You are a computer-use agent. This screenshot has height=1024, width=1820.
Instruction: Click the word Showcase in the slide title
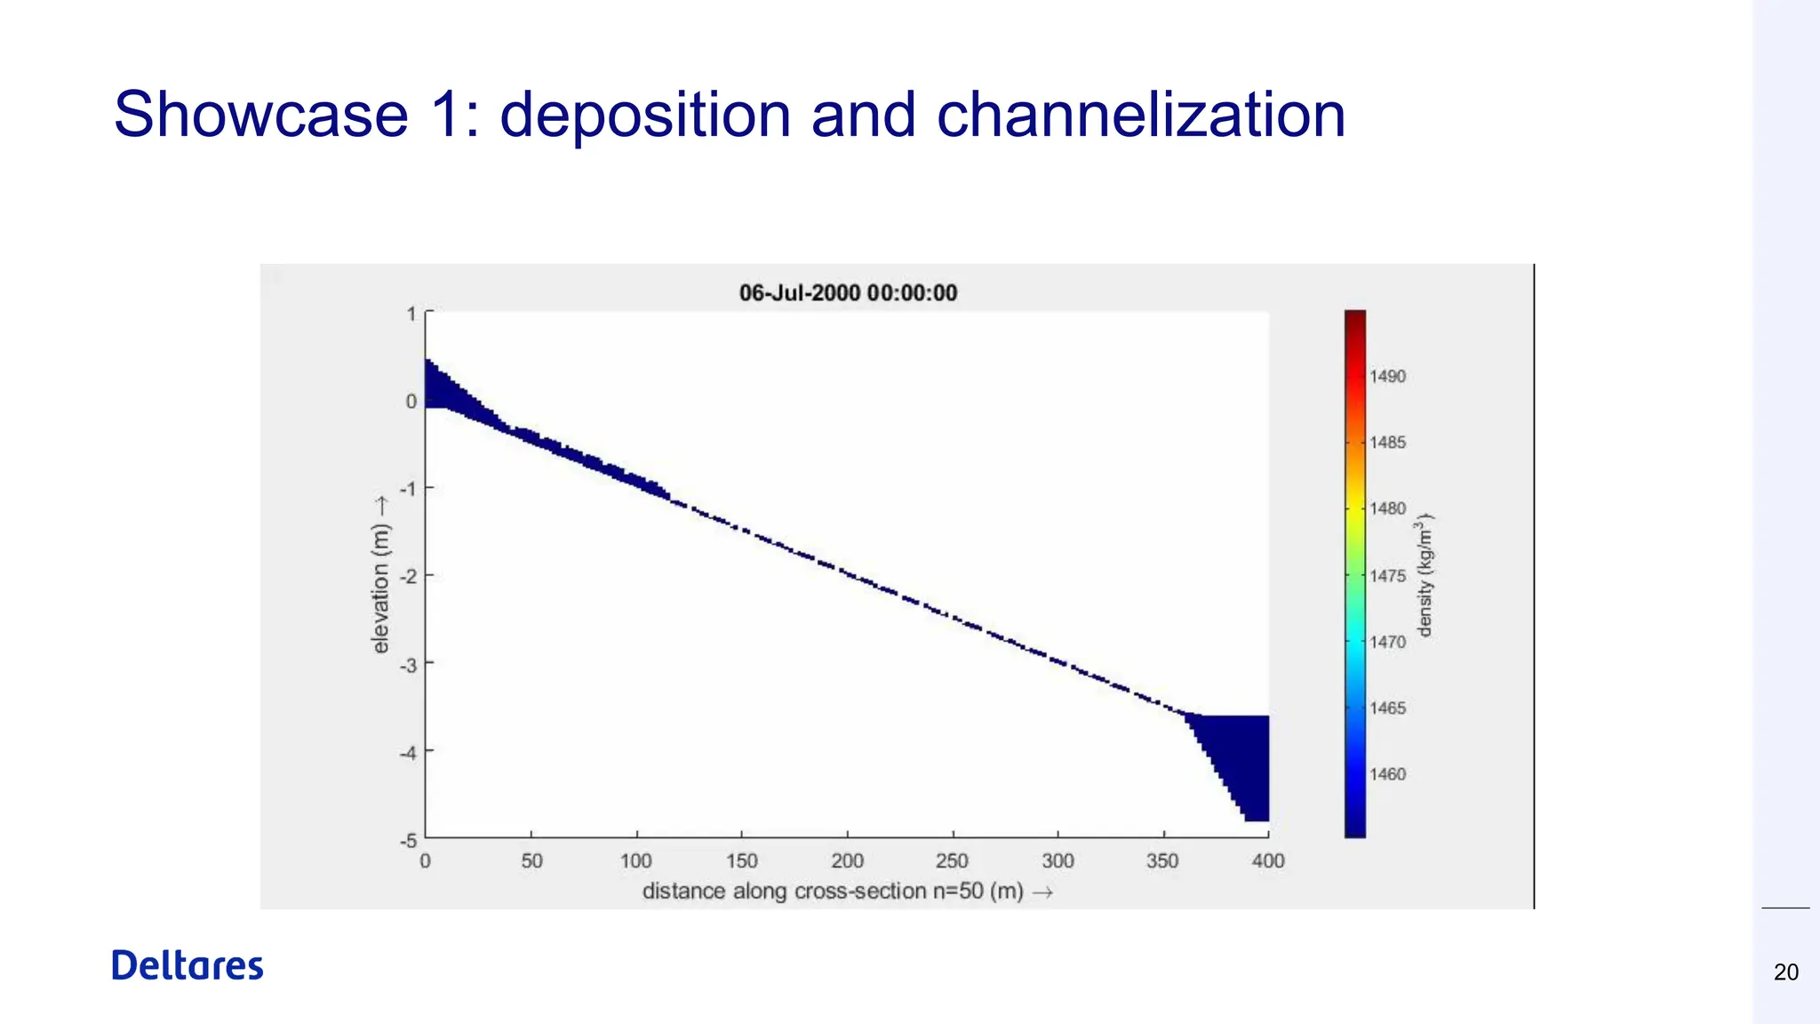(x=260, y=115)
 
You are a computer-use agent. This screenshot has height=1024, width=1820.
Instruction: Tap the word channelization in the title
(x=1141, y=115)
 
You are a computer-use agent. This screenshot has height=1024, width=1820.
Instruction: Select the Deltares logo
(x=188, y=965)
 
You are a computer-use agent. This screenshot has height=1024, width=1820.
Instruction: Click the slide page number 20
(x=1785, y=972)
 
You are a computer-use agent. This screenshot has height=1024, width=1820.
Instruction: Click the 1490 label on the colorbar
(x=1387, y=377)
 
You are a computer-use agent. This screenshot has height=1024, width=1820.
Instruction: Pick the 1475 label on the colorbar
(x=1387, y=576)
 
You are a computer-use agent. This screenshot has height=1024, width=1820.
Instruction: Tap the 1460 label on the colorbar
(x=1387, y=774)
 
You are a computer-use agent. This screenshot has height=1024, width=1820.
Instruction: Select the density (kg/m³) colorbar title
(x=1425, y=575)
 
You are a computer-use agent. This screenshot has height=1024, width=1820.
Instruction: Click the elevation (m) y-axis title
(x=381, y=575)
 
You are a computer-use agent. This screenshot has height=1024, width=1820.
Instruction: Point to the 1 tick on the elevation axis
(x=411, y=314)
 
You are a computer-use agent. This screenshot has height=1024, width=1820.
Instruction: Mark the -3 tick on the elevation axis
(x=408, y=664)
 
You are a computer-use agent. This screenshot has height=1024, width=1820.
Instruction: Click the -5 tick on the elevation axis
(x=408, y=840)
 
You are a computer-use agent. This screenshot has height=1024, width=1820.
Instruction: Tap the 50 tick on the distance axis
(x=531, y=861)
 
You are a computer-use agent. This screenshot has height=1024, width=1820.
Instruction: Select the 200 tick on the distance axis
(x=847, y=861)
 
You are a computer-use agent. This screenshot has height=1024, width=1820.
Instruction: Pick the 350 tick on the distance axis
(x=1162, y=861)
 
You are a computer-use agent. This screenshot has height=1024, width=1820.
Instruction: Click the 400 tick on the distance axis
(x=1268, y=861)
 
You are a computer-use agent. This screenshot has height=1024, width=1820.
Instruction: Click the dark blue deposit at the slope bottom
(x=1240, y=756)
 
